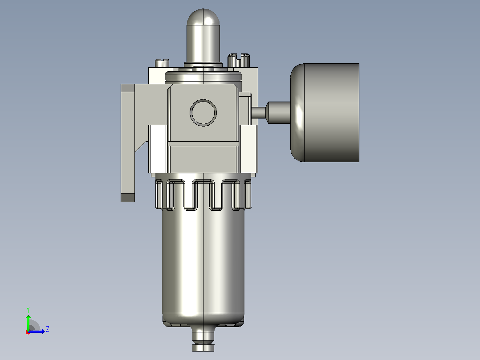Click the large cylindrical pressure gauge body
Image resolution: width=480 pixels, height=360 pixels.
coord(332,112)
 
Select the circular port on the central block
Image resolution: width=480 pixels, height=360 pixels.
coord(203,112)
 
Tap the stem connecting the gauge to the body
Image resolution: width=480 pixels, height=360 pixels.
coord(271,112)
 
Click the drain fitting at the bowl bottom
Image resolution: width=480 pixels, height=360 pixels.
coord(203,339)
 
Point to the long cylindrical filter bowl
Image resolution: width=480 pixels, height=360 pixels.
coord(203,263)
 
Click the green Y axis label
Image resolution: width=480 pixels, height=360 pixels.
coord(28,310)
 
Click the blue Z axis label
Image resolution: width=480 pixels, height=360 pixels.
coord(48,329)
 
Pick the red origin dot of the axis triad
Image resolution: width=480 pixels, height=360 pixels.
coord(28,332)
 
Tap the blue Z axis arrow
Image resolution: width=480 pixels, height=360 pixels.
coord(37,331)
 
